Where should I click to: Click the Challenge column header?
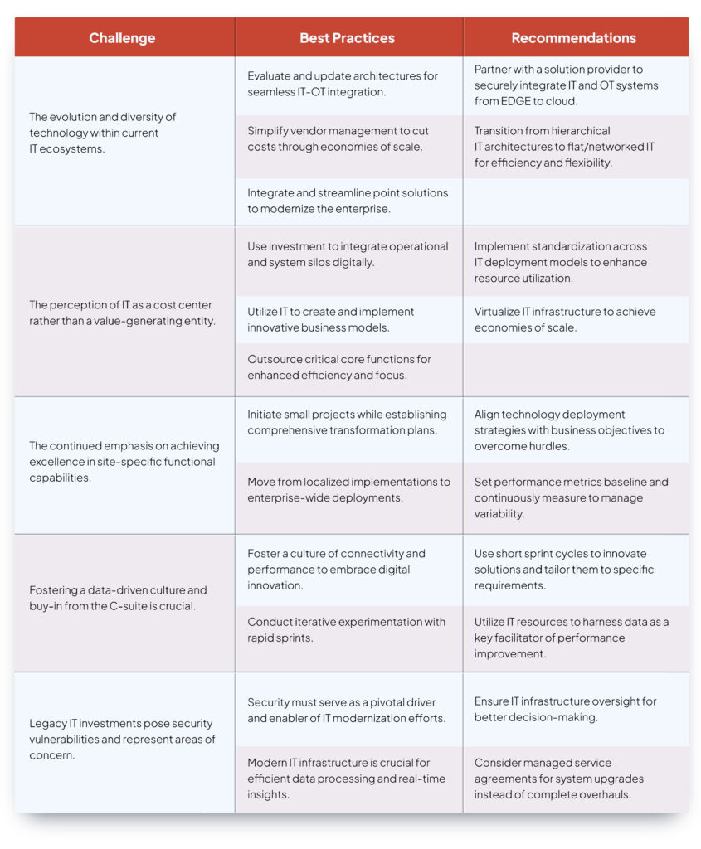pos(122,38)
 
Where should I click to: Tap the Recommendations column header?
pos(573,38)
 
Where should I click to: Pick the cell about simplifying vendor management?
pos(348,138)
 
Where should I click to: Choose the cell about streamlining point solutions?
pos(348,201)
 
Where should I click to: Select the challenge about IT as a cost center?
pos(122,313)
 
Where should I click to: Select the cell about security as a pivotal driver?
pos(348,709)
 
